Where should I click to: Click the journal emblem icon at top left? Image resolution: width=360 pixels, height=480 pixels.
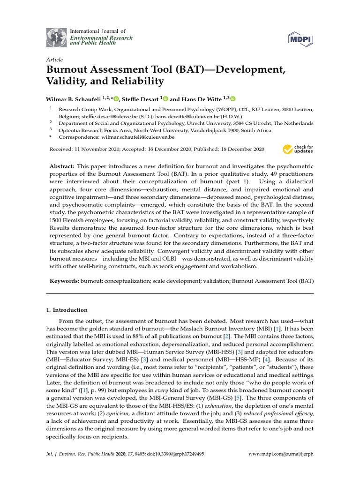56,38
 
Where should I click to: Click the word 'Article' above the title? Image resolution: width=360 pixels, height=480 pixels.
54,60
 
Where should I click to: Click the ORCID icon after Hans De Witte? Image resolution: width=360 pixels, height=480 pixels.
232,99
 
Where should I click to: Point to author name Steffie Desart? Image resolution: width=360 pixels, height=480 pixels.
142,99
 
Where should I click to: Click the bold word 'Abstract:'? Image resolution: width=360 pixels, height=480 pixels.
62,167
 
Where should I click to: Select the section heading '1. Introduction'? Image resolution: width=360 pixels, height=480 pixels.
67,310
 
